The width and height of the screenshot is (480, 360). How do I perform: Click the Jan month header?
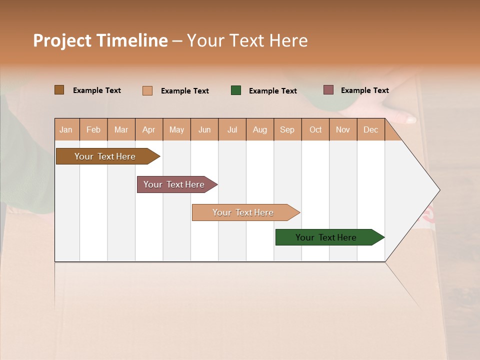pyautogui.click(x=66, y=129)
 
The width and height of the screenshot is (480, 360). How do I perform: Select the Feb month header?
pyautogui.click(x=93, y=129)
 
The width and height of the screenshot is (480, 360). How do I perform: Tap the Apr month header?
pyautogui.click(x=149, y=129)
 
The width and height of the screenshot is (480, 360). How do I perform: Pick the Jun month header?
pyautogui.click(x=204, y=129)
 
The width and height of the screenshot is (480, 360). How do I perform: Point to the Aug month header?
pyautogui.click(x=260, y=129)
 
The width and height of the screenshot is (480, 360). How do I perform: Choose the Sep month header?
pyautogui.click(x=287, y=129)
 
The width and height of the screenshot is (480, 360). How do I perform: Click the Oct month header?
pyautogui.click(x=315, y=129)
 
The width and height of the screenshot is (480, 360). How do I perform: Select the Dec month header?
pyautogui.click(x=371, y=129)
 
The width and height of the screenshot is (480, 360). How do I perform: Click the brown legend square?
pyautogui.click(x=59, y=90)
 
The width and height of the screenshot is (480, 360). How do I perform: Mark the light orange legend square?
pyautogui.click(x=147, y=90)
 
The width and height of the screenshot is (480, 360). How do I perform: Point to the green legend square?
pyautogui.click(x=236, y=90)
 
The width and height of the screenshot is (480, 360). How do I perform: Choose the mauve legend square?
pyautogui.click(x=328, y=90)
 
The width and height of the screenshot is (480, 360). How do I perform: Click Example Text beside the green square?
pyautogui.click(x=273, y=91)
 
